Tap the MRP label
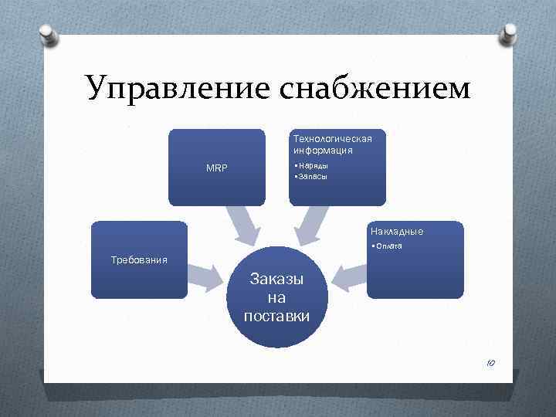tap(217, 168)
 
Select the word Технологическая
tap(332, 138)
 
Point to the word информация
tap(323, 150)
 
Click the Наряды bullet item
tap(311, 166)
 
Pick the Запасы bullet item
tap(311, 176)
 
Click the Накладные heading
tap(397, 231)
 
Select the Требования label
tap(140, 259)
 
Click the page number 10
tap(490, 363)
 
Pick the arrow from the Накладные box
tap(349, 275)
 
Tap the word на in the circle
tap(276, 298)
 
